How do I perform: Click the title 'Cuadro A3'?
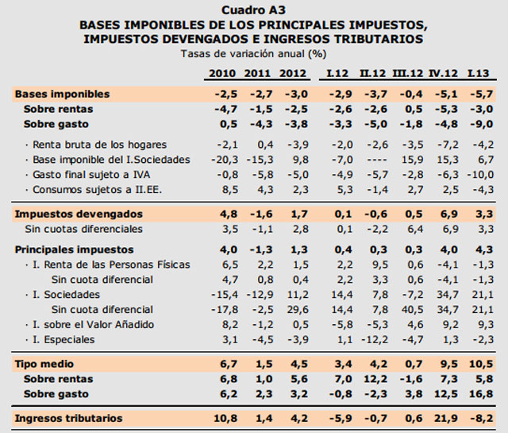coord(253,10)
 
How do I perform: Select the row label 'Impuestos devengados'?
coord(79,214)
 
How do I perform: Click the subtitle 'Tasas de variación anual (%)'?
coord(253,53)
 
